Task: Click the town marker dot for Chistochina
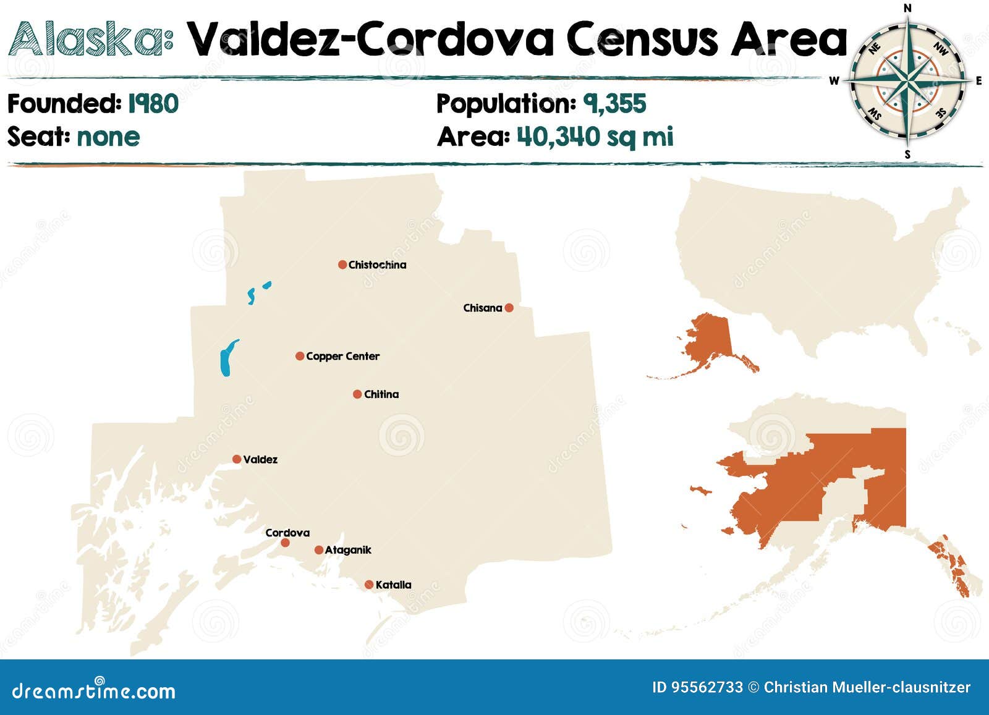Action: click(342, 264)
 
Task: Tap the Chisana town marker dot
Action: click(509, 308)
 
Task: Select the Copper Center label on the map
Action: click(342, 356)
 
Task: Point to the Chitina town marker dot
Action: click(357, 394)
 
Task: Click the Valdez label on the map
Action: click(260, 459)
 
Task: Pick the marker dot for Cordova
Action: click(285, 543)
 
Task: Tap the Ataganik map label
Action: click(348, 550)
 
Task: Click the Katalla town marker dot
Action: click(369, 585)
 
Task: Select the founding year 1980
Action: click(153, 104)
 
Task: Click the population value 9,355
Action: click(614, 104)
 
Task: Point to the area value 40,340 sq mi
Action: click(595, 137)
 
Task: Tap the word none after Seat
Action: click(108, 137)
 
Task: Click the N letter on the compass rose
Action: click(907, 8)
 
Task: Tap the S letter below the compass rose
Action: click(907, 154)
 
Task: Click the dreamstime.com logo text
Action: click(94, 690)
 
